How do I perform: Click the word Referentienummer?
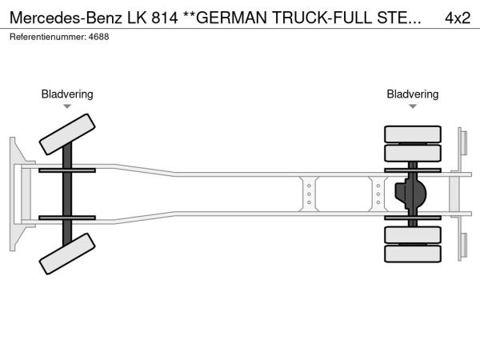47,37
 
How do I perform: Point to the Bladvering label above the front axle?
67,94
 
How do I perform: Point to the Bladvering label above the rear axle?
413,94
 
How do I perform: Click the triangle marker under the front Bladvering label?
67,106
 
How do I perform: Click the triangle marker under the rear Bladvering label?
413,106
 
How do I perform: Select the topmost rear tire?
413,134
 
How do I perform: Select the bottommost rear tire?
413,254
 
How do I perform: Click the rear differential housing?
410,194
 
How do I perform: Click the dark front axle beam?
68,194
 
